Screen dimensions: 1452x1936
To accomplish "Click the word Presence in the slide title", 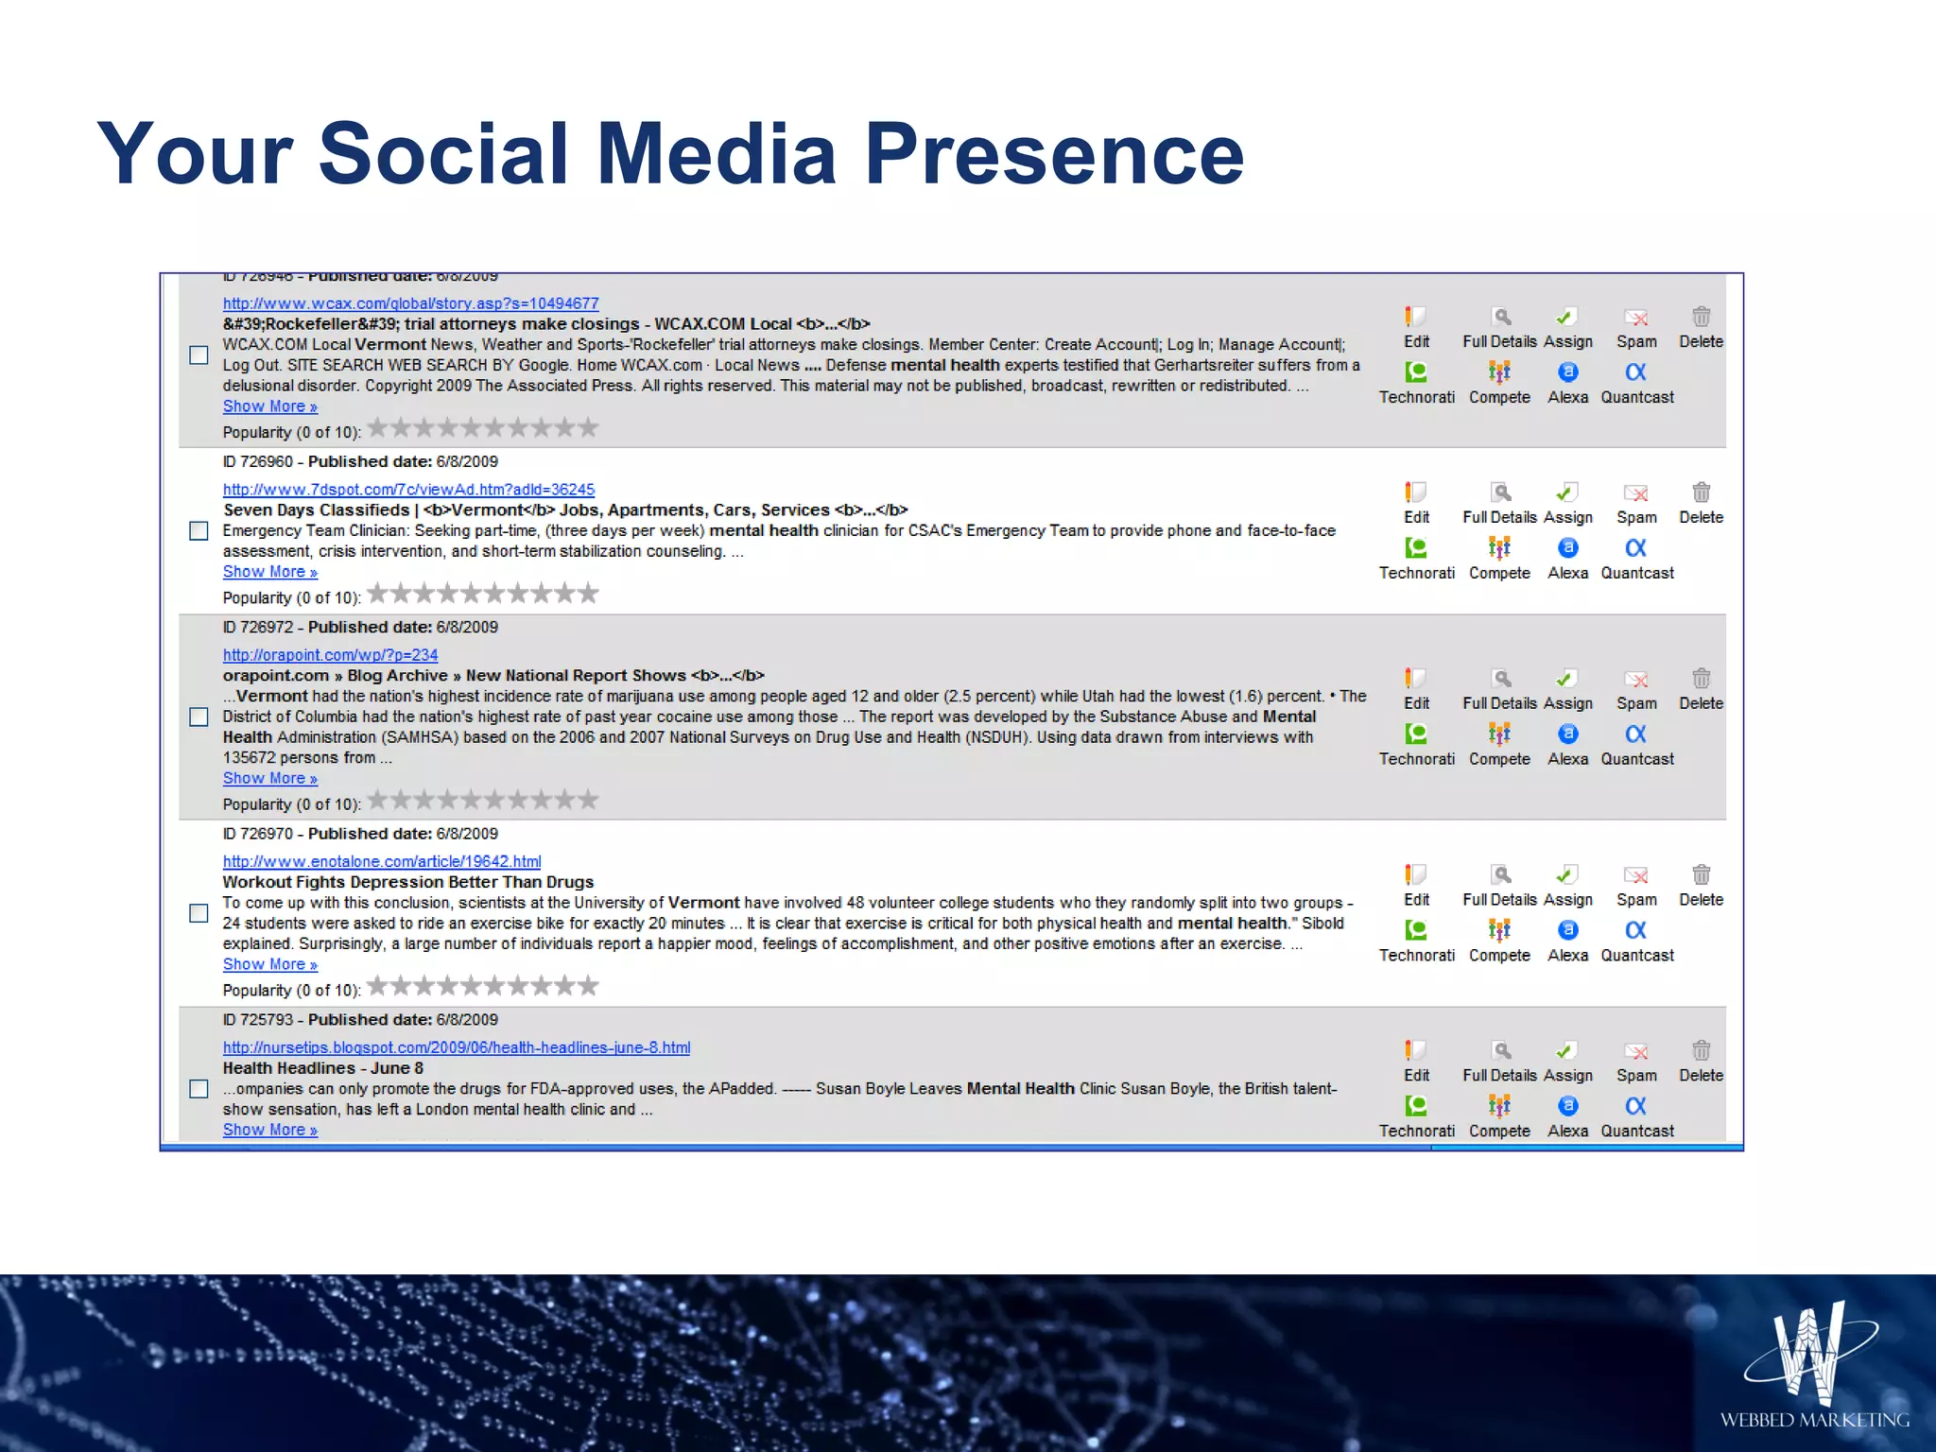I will point(1054,154).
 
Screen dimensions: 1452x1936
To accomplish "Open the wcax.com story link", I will point(410,303).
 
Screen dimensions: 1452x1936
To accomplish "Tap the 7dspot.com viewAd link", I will point(408,490).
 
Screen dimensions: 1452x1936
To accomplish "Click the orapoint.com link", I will point(330,655).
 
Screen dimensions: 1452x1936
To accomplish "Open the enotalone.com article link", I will point(382,861).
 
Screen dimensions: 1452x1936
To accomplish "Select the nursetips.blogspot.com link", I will point(457,1047).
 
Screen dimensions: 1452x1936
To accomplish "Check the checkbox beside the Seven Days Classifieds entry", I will point(199,531).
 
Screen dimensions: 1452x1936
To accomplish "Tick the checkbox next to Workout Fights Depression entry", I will point(199,913).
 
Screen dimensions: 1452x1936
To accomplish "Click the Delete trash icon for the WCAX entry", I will point(1701,317).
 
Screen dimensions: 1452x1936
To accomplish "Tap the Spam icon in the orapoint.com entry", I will point(1636,680).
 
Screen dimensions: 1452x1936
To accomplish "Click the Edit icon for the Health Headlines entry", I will point(1415,1051).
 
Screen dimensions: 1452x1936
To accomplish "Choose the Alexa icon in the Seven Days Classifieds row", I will point(1567,548).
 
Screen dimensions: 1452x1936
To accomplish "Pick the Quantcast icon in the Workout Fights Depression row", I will point(1636,930).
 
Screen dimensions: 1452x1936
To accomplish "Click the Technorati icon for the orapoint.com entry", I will point(1415,735).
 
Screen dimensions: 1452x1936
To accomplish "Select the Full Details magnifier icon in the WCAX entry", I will point(1500,317).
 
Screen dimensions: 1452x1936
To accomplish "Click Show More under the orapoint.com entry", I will point(269,779).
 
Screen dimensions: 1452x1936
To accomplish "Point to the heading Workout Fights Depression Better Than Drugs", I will point(408,882).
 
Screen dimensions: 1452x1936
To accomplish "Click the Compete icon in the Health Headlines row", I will point(1499,1106).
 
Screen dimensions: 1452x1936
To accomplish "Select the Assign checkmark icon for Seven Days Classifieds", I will point(1566,493).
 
